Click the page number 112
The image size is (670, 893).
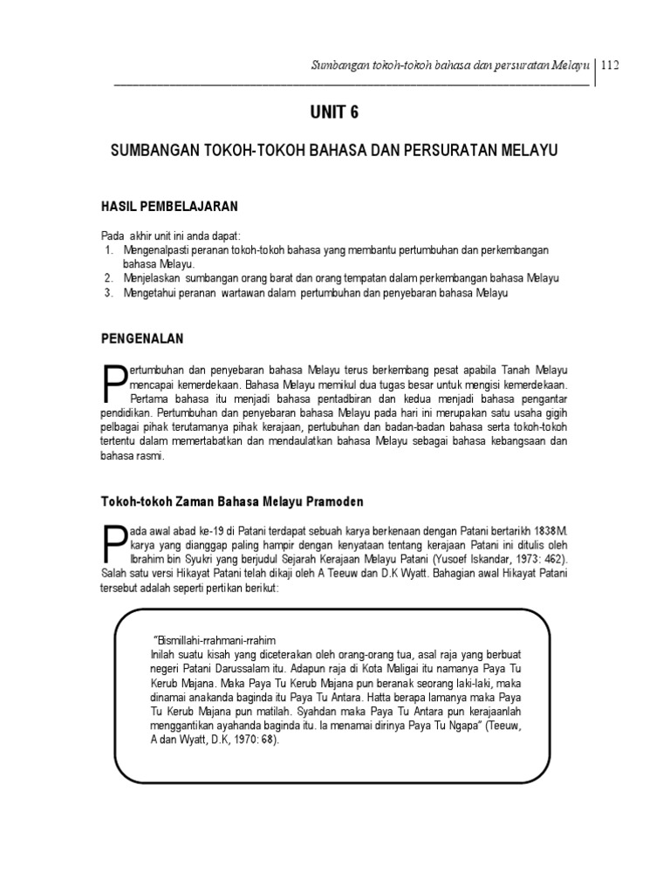pos(610,67)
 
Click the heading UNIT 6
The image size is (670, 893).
pos(334,112)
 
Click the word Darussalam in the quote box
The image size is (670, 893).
pos(249,667)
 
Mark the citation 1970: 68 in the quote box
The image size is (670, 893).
pos(249,737)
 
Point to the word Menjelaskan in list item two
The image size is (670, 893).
pos(151,278)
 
